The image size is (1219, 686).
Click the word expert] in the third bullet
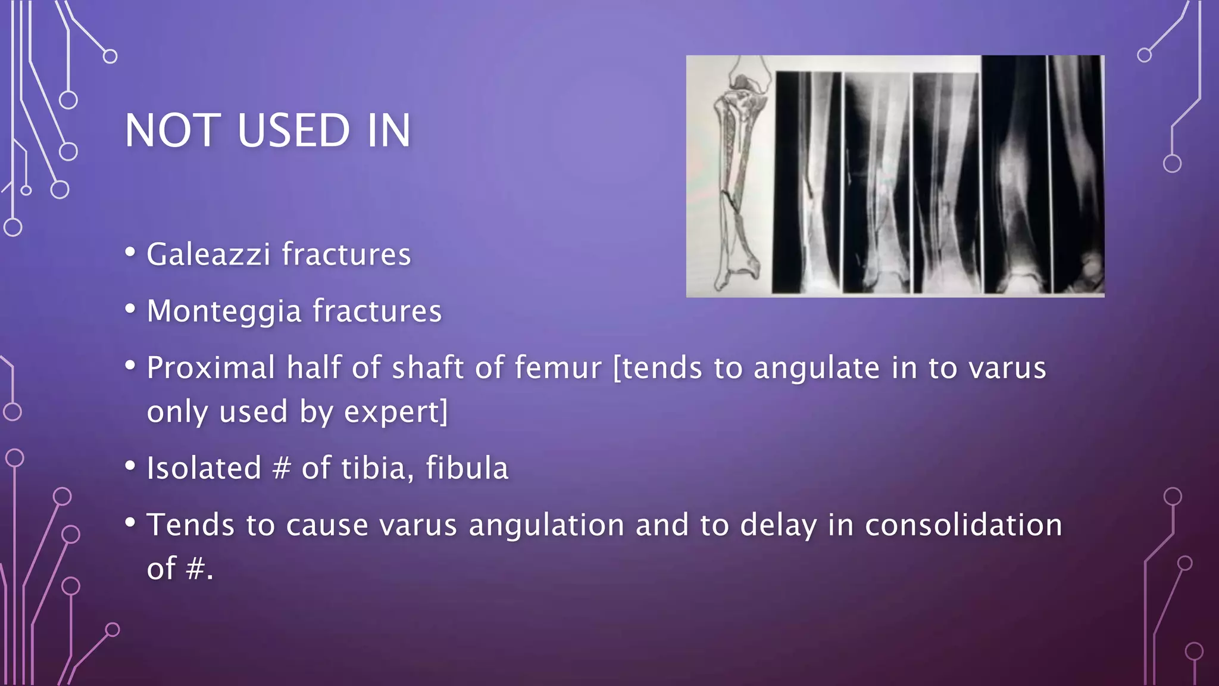point(396,412)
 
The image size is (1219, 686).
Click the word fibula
point(467,468)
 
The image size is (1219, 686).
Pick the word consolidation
point(963,525)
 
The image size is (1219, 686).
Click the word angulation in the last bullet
point(546,525)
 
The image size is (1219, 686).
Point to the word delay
point(778,525)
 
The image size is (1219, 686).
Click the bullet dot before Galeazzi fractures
point(130,252)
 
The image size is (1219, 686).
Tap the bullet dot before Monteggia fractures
point(130,308)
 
